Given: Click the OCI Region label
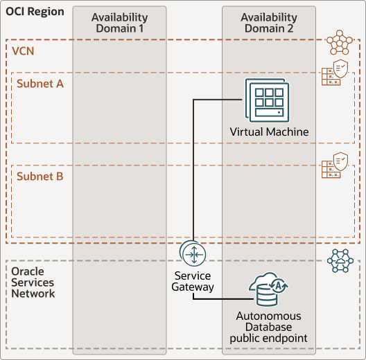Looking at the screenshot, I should [x=35, y=12].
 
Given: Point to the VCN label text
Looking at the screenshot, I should [x=24, y=52].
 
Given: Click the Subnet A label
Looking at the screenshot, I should [x=40, y=84].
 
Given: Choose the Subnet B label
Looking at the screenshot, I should [x=40, y=177].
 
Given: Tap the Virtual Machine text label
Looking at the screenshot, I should [x=269, y=132].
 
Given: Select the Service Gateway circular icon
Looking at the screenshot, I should [x=192, y=254].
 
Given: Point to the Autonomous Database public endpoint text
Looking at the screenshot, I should [x=268, y=327].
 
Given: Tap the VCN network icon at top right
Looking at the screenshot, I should [x=340, y=43].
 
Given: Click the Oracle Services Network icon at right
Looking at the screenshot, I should [x=340, y=261].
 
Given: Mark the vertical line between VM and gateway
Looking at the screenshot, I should [x=193, y=173].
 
